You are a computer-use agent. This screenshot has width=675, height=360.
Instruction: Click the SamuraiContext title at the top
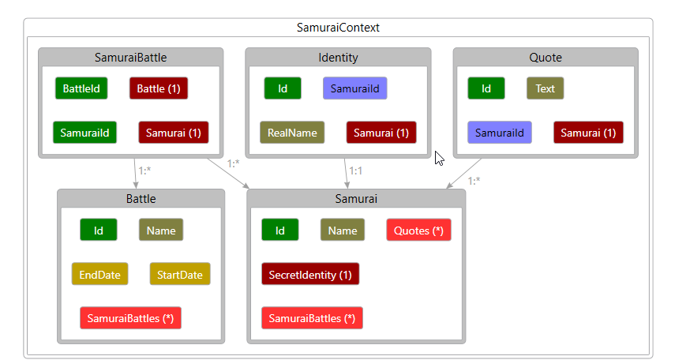pyautogui.click(x=338, y=27)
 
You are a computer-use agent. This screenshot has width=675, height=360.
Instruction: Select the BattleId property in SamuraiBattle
pyautogui.click(x=81, y=88)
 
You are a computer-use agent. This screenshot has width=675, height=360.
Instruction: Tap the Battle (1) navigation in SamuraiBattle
pyautogui.click(x=159, y=88)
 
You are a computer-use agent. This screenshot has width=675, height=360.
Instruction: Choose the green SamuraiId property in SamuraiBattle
pyautogui.click(x=84, y=132)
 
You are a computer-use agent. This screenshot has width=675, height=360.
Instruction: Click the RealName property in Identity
pyautogui.click(x=292, y=133)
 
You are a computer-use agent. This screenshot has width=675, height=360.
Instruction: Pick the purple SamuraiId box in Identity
pyautogui.click(x=354, y=88)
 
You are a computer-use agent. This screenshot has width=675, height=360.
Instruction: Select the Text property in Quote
pyautogui.click(x=545, y=88)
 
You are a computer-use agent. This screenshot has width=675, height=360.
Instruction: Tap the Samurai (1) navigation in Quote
pyautogui.click(x=588, y=133)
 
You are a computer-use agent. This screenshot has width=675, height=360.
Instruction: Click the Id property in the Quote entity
pyautogui.click(x=486, y=88)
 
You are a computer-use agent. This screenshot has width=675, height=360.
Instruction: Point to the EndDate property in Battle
pyautogui.click(x=99, y=275)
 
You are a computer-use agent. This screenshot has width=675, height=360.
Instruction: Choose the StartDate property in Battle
pyautogui.click(x=180, y=275)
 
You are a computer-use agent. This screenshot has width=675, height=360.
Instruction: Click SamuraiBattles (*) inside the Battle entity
pyautogui.click(x=130, y=318)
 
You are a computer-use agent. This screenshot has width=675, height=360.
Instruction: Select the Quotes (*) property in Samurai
pyautogui.click(x=418, y=231)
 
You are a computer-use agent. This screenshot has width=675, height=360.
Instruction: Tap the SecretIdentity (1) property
pyautogui.click(x=310, y=275)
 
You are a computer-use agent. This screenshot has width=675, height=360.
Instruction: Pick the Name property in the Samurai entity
pyautogui.click(x=342, y=231)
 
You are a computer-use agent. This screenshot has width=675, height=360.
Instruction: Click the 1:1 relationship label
pyautogui.click(x=356, y=169)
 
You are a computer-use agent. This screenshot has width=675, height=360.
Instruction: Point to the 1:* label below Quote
pyautogui.click(x=474, y=181)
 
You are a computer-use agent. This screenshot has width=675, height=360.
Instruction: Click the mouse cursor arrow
pyautogui.click(x=439, y=158)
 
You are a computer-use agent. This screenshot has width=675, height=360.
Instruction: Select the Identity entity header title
pyautogui.click(x=338, y=58)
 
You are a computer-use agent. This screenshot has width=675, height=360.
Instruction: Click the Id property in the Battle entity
pyautogui.click(x=99, y=231)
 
